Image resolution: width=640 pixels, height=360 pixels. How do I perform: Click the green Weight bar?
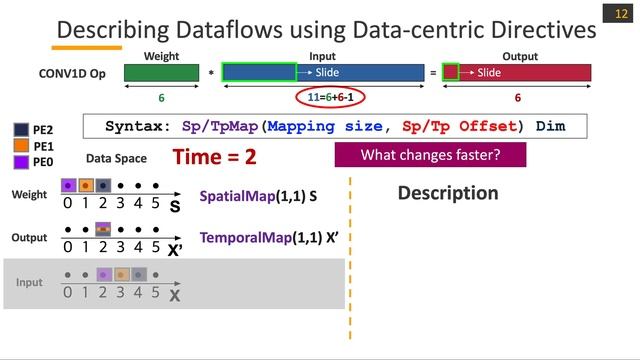pyautogui.click(x=162, y=72)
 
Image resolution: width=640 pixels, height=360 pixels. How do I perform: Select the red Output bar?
pyautogui.click(x=518, y=72)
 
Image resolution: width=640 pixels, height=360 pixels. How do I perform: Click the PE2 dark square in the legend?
pyautogui.click(x=21, y=129)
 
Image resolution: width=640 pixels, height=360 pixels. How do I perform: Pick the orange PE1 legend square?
pyautogui.click(x=21, y=145)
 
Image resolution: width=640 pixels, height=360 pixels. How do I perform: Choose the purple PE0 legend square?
pyautogui.click(x=21, y=161)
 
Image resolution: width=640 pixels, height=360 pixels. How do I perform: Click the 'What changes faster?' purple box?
pyautogui.click(x=430, y=155)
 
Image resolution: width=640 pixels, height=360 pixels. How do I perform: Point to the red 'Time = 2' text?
pyautogui.click(x=215, y=157)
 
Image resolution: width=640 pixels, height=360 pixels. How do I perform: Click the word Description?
pyautogui.click(x=447, y=193)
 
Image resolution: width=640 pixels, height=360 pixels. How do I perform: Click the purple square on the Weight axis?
pyautogui.click(x=68, y=186)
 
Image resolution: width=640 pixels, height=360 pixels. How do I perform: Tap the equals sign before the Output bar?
pyautogui.click(x=432, y=73)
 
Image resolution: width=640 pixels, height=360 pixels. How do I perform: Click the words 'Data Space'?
pyautogui.click(x=116, y=158)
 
